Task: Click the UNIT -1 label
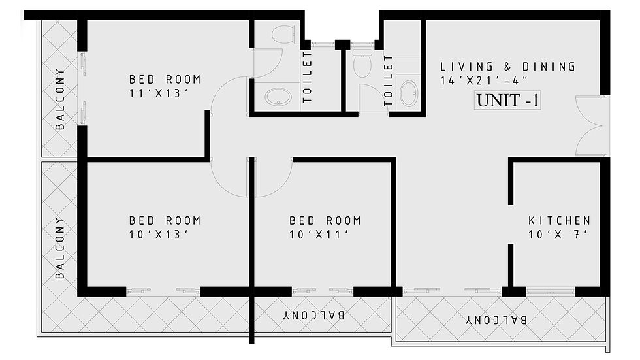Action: [507, 100]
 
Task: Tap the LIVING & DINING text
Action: [508, 67]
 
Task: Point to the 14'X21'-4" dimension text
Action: [484, 80]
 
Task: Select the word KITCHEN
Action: [559, 221]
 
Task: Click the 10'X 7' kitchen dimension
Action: [558, 235]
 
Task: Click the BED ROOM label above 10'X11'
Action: [325, 221]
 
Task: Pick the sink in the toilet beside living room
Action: [409, 93]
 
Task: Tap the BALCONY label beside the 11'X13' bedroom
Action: [60, 99]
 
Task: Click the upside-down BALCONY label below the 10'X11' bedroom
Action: [314, 315]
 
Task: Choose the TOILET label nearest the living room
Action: [388, 81]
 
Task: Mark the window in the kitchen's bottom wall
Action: [550, 291]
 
